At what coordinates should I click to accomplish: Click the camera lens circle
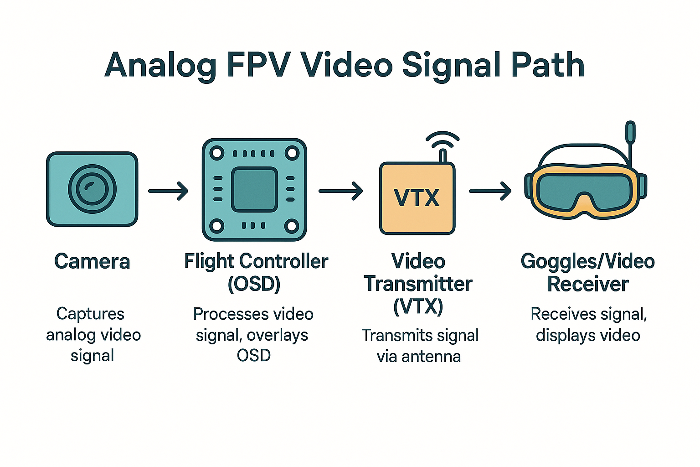point(92,189)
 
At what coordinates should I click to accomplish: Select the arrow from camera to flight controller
point(168,191)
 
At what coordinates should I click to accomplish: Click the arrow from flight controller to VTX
point(340,191)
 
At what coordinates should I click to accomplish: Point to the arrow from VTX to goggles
point(490,191)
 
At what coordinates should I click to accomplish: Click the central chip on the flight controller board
point(254,189)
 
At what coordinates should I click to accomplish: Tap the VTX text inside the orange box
point(417,197)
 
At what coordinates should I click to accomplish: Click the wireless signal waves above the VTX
point(443,140)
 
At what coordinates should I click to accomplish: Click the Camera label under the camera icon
point(92,261)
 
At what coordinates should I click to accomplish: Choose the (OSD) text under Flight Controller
point(254,284)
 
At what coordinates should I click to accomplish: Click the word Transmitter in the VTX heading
point(418,284)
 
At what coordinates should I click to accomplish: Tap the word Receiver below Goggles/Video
point(588,284)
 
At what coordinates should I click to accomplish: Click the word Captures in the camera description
point(90,314)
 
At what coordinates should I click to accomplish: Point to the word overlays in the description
point(278,335)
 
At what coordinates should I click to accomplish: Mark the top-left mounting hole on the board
point(217,153)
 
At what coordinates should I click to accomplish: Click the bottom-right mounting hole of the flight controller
point(292,226)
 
